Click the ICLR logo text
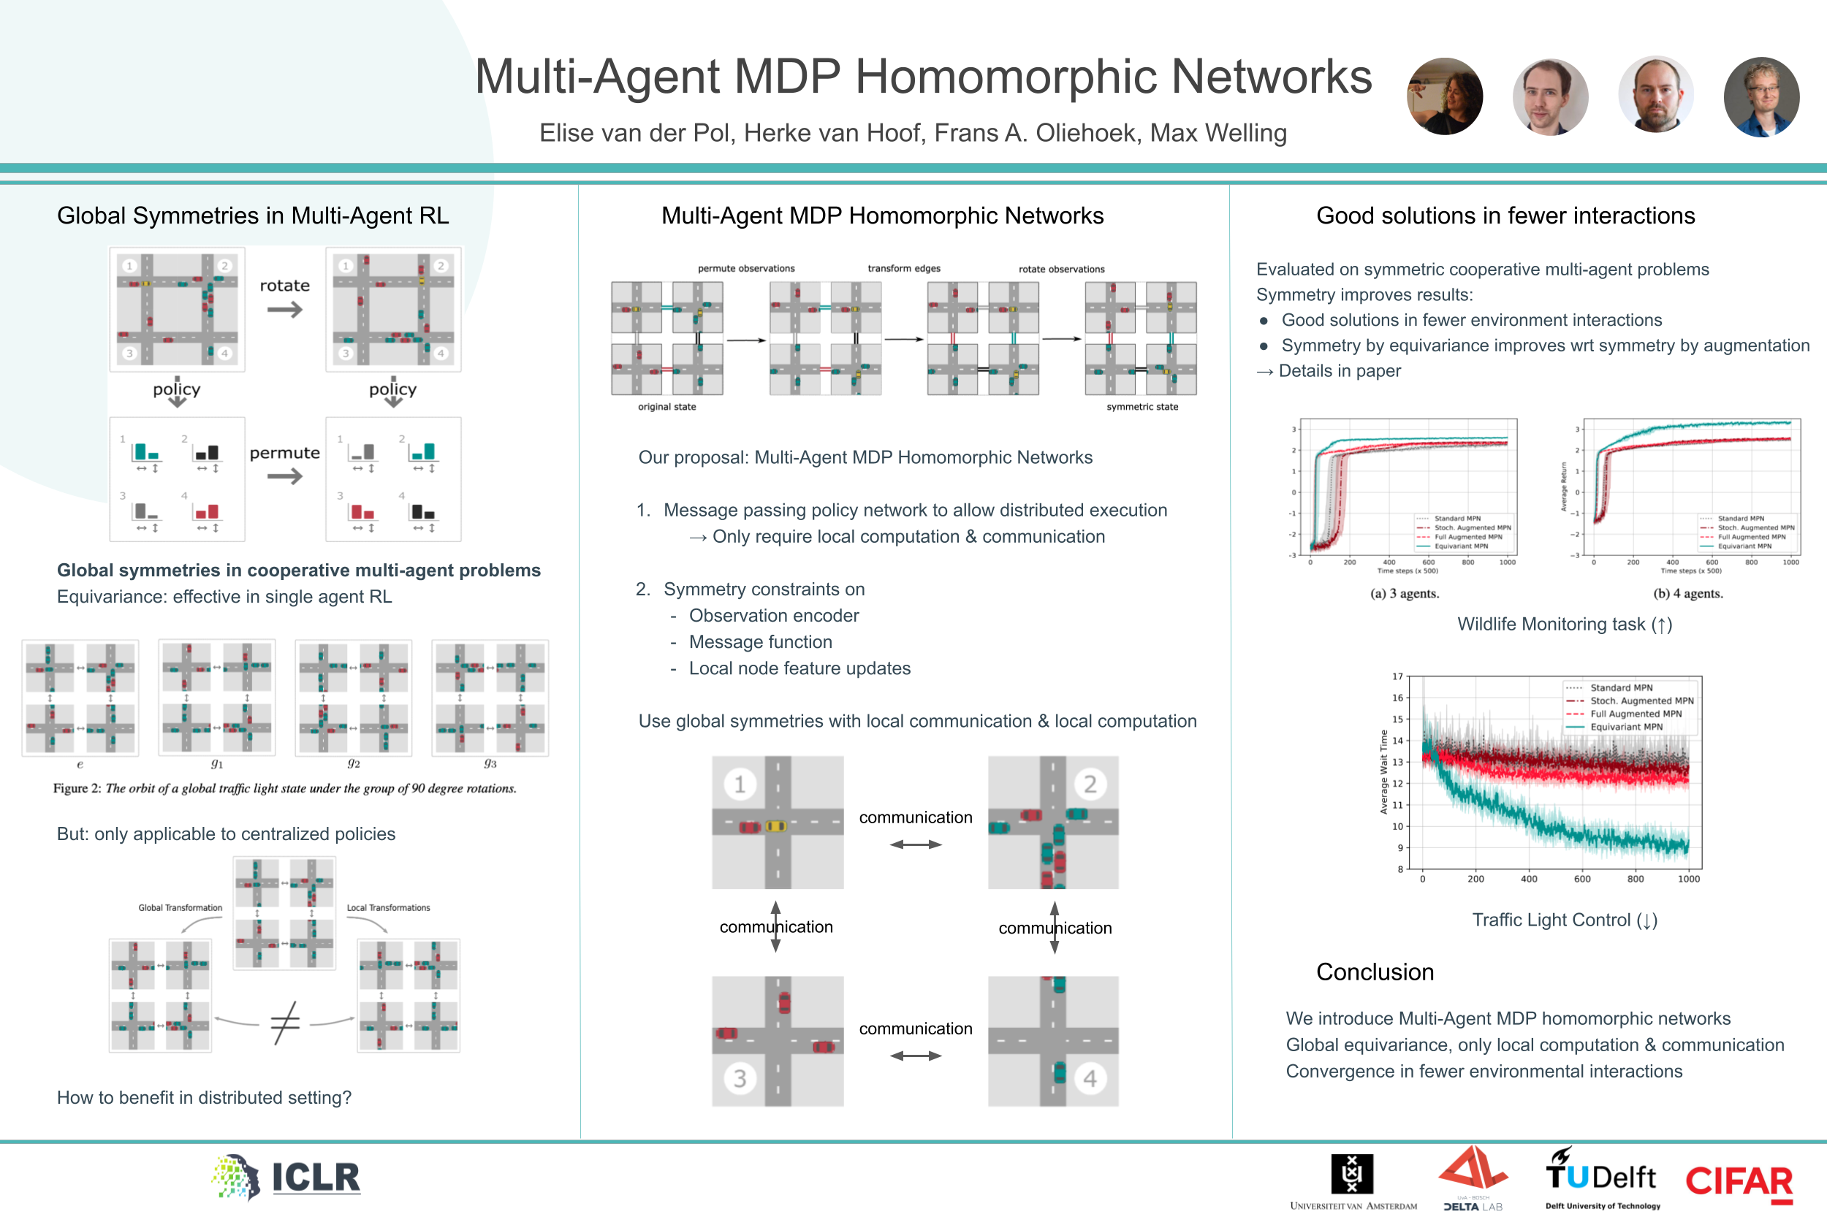click(x=315, y=1178)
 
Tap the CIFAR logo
click(x=1739, y=1182)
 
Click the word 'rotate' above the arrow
click(x=284, y=286)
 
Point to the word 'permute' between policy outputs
click(x=284, y=452)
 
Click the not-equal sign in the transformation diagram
click(x=285, y=1022)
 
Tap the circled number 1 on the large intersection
click(x=739, y=784)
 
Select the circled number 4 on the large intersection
click(x=1090, y=1078)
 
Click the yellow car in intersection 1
click(x=775, y=825)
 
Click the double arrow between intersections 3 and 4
click(x=916, y=1056)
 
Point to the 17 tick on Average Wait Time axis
click(x=1397, y=676)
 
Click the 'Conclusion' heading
click(x=1375, y=972)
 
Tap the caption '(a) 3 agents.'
click(x=1404, y=594)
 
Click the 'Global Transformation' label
click(x=180, y=907)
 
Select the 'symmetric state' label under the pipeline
click(x=1142, y=407)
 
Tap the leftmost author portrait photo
click(x=1444, y=96)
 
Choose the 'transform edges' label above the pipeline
click(x=904, y=269)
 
